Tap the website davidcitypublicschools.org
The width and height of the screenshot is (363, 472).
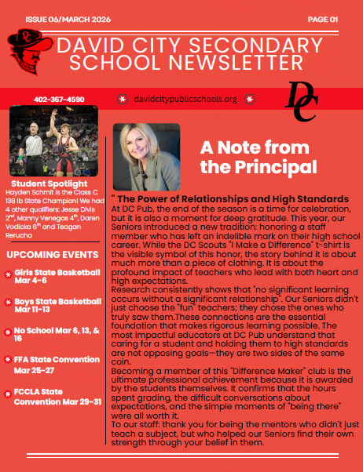[x=185, y=100]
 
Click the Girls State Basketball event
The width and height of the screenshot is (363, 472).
[x=57, y=276]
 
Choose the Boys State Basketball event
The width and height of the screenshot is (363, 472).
[x=57, y=306]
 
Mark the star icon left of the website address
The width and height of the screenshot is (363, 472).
[x=122, y=100]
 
